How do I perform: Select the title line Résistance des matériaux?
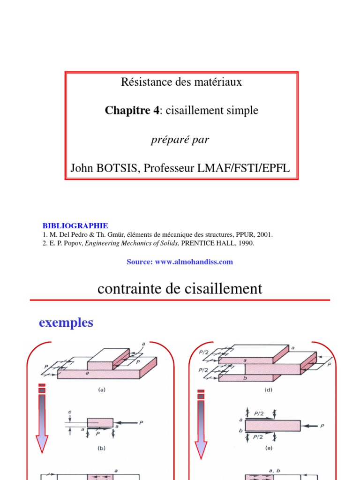181,82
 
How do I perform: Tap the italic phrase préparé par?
180,140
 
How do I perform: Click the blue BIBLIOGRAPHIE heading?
75,226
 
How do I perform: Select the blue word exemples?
66,322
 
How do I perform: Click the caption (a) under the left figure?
102,389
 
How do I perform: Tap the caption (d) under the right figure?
268,390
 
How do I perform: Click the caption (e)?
268,448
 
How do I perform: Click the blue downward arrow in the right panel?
202,422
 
